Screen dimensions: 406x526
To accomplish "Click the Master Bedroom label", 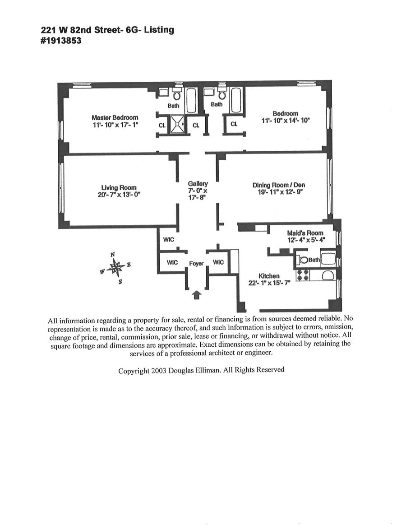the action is coord(115,118).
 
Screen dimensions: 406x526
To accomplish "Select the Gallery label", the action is coord(198,184).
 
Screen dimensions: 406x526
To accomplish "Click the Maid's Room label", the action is coord(305,233).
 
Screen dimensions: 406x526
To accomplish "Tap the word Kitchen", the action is coord(269,276).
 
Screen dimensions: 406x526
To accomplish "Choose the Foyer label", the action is coord(196,263).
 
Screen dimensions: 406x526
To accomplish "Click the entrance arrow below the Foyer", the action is coord(196,295).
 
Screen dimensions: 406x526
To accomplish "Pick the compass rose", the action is coord(116,267).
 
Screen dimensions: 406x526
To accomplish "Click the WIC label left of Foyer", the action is coord(172,262).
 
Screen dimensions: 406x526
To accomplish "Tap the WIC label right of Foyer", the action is coord(218,262).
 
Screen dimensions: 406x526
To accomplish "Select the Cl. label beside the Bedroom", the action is coord(234,124).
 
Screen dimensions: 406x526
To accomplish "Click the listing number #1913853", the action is coord(61,40).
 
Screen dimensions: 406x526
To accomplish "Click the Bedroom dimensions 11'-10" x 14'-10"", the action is coord(285,121).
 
